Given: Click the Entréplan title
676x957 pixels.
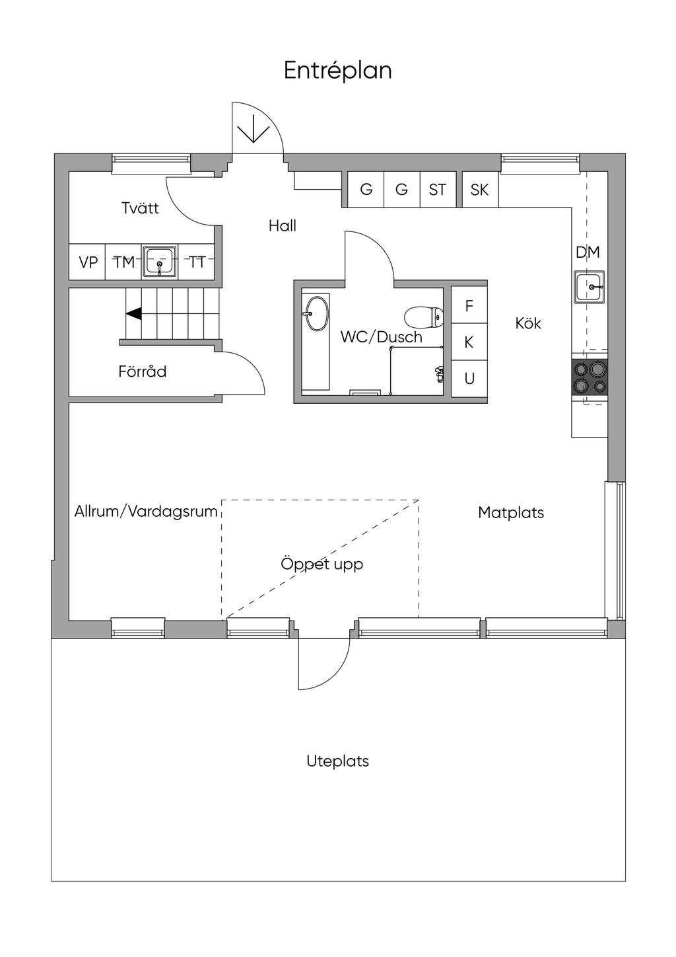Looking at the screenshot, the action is coord(337,71).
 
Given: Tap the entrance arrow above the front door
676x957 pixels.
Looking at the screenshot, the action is coord(253,128).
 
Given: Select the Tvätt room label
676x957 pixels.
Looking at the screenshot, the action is coord(140,208).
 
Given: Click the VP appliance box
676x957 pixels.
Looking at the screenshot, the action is coord(88,262).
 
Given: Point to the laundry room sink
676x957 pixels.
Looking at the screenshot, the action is coord(160,262).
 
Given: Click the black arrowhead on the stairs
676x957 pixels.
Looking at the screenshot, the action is coord(133,313).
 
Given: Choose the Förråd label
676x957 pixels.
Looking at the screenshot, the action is coord(142,371).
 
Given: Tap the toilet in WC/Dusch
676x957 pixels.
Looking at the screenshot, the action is coord(424,317).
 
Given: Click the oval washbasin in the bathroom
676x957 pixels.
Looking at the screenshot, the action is coord(316,313).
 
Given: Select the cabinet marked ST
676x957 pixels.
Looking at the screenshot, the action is coord(438,189).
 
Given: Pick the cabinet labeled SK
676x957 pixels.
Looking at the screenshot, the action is coord(480,189).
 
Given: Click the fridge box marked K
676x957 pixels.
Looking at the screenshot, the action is coord(469,342).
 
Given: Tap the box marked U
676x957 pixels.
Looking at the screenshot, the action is coord(469,379).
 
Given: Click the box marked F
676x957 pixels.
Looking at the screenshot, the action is coord(469,305).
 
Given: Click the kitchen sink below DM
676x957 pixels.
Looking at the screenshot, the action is coord(589,287).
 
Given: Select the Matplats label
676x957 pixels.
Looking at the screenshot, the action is coord(511,512).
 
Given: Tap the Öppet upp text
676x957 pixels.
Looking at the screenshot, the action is coord(321,564).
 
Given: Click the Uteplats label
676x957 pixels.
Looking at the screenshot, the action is coord(337,761).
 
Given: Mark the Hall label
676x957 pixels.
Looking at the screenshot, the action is coord(282,225).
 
